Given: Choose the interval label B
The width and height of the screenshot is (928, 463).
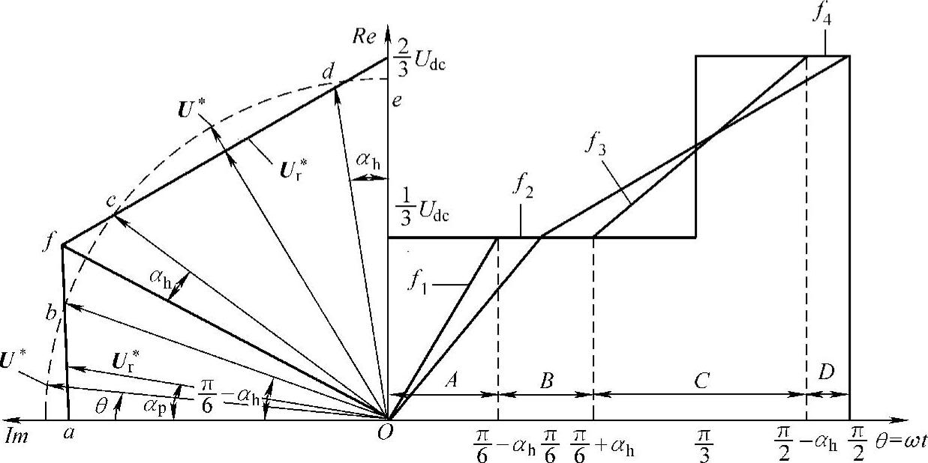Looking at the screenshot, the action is [x=546, y=381].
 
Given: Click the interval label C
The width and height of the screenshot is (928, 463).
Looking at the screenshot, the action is [x=701, y=381].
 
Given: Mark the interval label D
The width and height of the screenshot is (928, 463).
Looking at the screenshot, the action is [x=827, y=373].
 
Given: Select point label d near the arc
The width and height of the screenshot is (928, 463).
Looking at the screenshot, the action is [x=327, y=73].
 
